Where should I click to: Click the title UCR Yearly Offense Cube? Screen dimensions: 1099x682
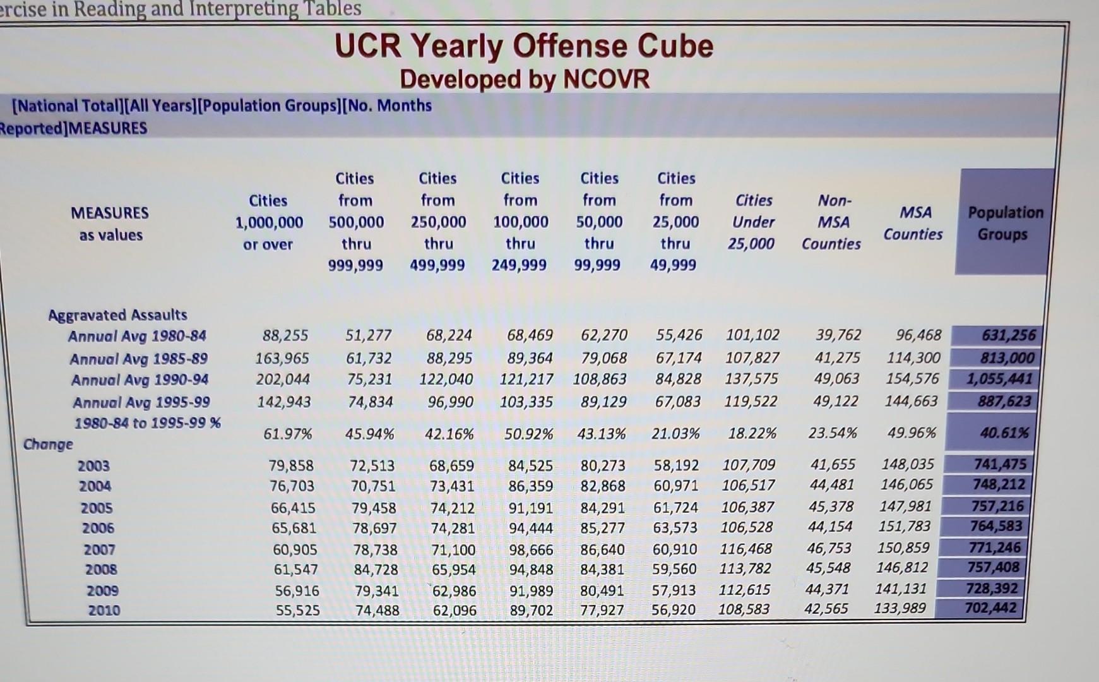coord(524,46)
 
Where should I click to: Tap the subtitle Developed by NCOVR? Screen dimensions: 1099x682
coord(525,80)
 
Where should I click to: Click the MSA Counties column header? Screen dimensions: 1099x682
coord(913,223)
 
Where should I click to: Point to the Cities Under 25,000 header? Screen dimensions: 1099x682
coord(752,222)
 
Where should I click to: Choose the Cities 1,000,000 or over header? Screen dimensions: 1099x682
coord(269,222)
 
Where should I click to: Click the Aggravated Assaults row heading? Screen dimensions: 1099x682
coord(118,314)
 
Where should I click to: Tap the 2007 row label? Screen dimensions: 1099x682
coord(99,550)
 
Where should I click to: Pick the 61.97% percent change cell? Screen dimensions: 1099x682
coord(288,434)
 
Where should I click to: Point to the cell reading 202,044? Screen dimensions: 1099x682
coord(283,380)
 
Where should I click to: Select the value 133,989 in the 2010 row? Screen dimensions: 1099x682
coord(900,608)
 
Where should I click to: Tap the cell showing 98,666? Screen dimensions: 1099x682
coord(531,550)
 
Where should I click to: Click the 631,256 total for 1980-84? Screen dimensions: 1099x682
coord(1009,335)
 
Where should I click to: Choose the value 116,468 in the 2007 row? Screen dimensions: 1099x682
coord(746,549)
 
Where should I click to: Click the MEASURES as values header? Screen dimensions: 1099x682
coord(110,224)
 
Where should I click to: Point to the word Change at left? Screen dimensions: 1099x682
coord(48,445)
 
